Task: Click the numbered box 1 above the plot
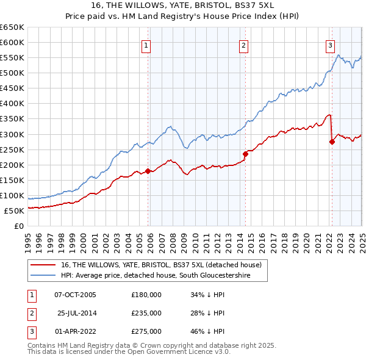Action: click(x=147, y=45)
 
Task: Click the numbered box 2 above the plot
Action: click(x=243, y=45)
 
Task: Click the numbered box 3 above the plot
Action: click(x=330, y=45)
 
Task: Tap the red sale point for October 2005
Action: click(x=148, y=171)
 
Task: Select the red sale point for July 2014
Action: click(x=245, y=154)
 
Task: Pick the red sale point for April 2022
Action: click(x=332, y=142)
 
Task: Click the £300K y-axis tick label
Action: click(x=12, y=134)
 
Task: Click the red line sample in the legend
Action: click(x=43, y=265)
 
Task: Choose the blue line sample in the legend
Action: click(x=43, y=276)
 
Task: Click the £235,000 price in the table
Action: click(x=146, y=313)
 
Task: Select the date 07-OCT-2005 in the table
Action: click(x=75, y=295)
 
